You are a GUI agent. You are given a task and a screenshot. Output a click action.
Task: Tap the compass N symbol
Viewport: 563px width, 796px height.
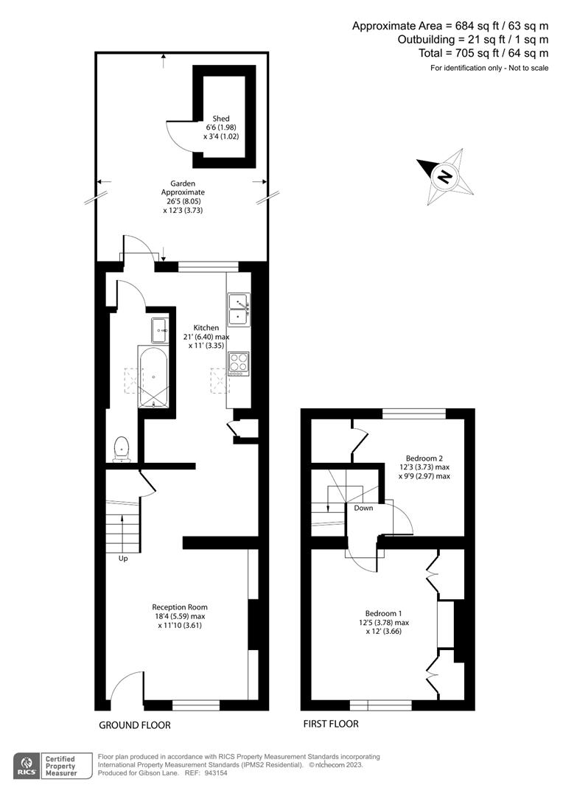[444, 177]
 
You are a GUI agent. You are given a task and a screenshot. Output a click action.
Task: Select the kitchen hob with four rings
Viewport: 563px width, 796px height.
[239, 364]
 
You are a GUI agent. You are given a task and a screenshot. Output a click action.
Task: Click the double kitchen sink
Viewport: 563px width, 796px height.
[239, 309]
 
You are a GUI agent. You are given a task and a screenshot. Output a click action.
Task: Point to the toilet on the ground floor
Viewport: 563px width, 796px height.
[122, 450]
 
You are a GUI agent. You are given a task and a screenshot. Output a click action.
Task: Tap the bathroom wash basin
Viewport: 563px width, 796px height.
[159, 330]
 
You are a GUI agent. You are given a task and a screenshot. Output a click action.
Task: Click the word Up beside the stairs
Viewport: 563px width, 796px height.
[123, 559]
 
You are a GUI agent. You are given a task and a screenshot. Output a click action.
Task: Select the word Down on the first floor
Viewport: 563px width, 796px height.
[363, 508]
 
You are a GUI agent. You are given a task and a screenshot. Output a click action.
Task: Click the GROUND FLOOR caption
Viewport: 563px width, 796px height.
[135, 725]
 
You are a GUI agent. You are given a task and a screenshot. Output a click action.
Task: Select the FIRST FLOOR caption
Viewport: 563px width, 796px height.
[331, 724]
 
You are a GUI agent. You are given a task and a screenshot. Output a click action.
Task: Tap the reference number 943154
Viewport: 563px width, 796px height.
[217, 773]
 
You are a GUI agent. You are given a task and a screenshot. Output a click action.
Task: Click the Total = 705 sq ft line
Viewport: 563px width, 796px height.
[483, 53]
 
